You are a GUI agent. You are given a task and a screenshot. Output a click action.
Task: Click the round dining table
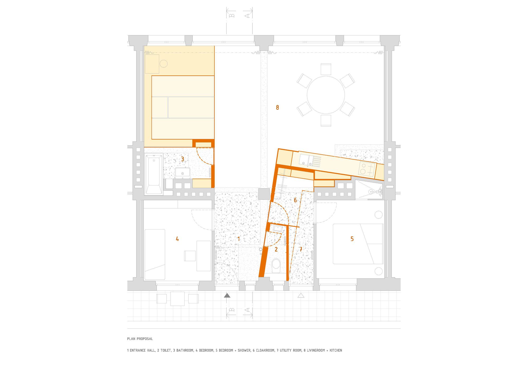[326, 95]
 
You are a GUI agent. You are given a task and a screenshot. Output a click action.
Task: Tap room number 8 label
[277, 107]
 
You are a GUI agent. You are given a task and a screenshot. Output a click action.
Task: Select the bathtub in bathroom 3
[154, 174]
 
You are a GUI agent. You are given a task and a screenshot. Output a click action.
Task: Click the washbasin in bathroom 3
[182, 173]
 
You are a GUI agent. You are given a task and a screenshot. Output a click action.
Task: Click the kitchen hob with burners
[367, 169]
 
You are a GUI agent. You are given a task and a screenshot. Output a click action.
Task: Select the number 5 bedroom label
[352, 239]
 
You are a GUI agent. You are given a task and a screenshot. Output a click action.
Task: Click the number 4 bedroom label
[177, 239]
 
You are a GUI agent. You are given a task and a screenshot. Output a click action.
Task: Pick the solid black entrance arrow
[227, 296]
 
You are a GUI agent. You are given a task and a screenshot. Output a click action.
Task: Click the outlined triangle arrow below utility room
[301, 296]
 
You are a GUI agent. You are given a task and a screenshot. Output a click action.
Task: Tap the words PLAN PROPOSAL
[140, 339]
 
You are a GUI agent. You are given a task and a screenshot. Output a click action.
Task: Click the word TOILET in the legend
[166, 350]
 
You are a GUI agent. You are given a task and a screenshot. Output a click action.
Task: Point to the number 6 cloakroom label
[295, 200]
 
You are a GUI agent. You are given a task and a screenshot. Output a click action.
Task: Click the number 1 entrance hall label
[239, 239]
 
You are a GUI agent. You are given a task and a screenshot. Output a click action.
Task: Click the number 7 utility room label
[300, 249]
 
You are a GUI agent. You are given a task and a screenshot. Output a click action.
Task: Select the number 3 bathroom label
[182, 159]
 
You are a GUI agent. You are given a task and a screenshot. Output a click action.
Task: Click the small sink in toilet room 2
[278, 228]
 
